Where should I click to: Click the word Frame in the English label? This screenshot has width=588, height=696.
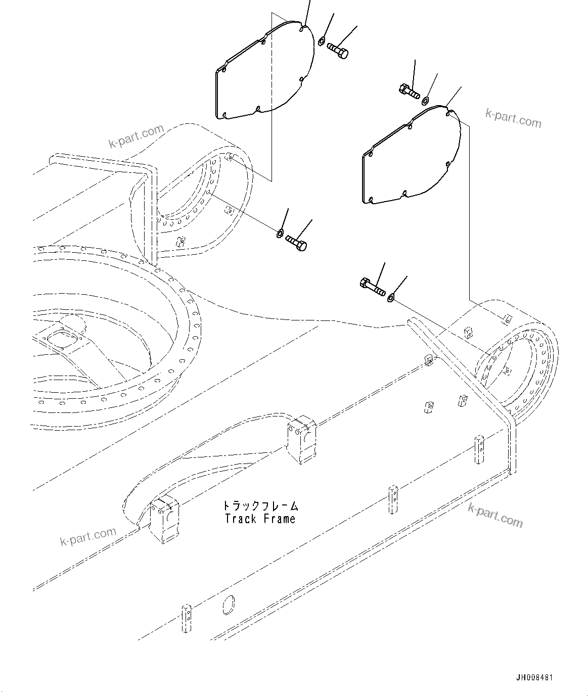click(x=279, y=519)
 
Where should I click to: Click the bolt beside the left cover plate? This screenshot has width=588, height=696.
click(x=338, y=51)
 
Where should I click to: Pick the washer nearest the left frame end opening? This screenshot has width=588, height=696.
click(x=280, y=233)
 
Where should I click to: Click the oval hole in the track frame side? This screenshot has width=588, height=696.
click(x=229, y=605)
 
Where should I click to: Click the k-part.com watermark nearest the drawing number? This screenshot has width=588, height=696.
click(x=495, y=515)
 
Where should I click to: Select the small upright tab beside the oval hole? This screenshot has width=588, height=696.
click(x=187, y=617)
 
